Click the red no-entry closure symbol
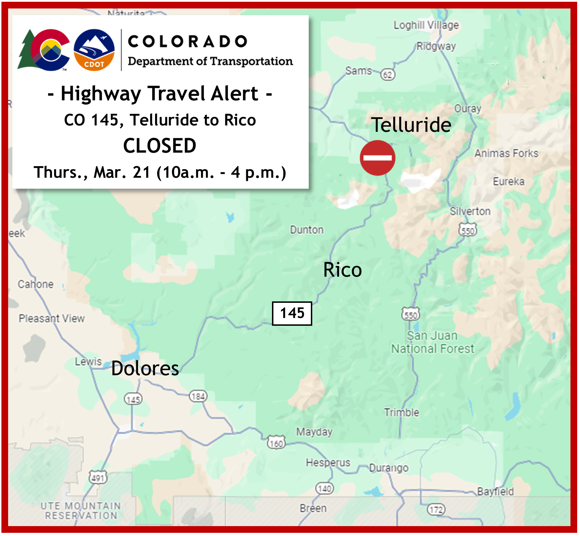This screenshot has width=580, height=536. point(377,158)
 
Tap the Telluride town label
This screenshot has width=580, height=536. point(411,125)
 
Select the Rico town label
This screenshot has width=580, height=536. point(342,270)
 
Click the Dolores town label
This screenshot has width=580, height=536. point(145,368)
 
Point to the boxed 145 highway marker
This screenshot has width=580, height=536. point(292,313)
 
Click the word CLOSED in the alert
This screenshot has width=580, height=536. point(160,146)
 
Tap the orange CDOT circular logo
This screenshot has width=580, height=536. point(94,50)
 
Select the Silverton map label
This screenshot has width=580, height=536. point(470,211)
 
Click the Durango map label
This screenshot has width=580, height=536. point(389,468)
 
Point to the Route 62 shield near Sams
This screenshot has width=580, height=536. point(387,75)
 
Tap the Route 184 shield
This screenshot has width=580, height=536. point(198,396)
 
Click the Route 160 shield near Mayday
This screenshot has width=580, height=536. point(276,443)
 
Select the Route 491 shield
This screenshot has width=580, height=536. point(97,478)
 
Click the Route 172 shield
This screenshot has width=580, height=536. point(436,510)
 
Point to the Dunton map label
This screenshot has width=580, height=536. point(307,230)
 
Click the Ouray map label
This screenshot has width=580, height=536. point(468,108)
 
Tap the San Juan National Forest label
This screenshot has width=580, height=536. point(432,342)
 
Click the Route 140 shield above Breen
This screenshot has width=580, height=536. point(324,488)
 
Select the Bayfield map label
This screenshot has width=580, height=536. point(495,491)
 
